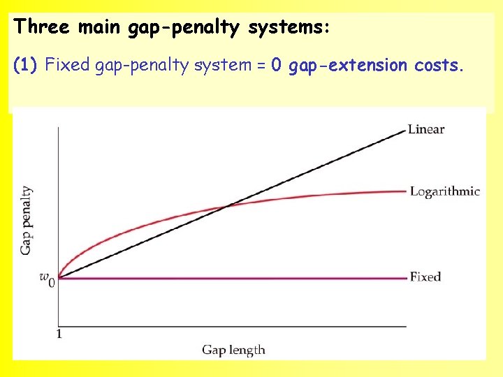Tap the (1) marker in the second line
(x=27, y=66)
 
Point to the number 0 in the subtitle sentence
(x=276, y=66)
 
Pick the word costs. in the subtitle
(x=438, y=66)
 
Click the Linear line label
(x=426, y=129)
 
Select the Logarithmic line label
(x=444, y=191)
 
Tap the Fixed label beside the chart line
(x=425, y=277)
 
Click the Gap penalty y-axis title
(x=27, y=219)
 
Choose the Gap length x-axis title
(x=233, y=349)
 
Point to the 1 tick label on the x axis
(x=59, y=334)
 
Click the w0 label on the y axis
(x=46, y=279)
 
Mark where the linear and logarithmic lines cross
(x=229, y=205)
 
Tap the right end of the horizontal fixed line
(x=406, y=278)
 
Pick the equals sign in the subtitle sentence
(x=261, y=66)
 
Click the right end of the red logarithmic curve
(x=406, y=191)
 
